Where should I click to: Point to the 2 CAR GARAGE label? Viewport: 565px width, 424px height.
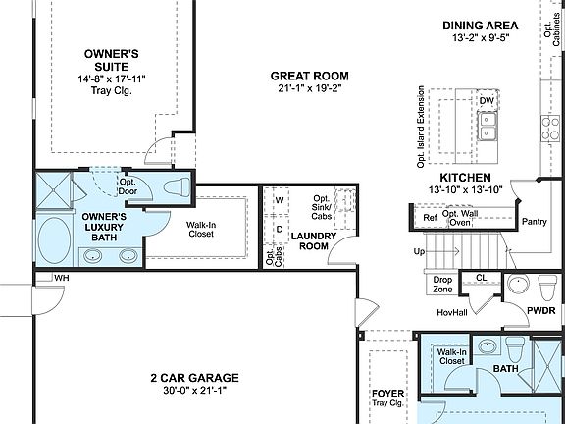tap(194, 377)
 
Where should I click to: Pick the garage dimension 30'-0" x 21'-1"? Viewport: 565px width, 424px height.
tap(194, 390)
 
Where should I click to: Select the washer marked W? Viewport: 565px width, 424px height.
tap(280, 200)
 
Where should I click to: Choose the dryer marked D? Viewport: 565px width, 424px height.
tap(280, 230)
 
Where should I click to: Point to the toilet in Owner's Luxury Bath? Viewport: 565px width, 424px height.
tap(178, 187)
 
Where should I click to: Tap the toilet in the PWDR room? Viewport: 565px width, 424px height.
tap(546, 287)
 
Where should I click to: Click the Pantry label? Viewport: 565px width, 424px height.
tap(535, 221)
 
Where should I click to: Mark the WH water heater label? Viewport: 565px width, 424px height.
tap(61, 278)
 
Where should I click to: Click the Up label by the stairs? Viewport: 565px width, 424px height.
tap(421, 251)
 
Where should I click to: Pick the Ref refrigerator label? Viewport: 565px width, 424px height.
tap(430, 217)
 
